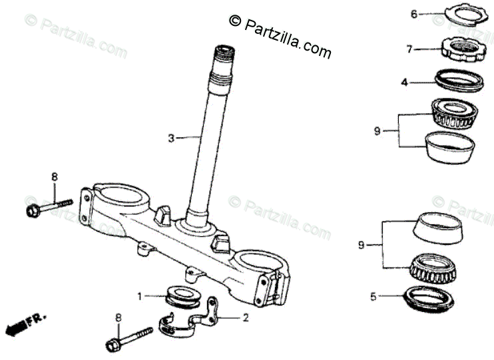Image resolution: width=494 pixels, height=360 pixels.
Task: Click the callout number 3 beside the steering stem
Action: point(170,138)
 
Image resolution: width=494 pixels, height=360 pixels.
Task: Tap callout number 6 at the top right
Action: point(413,14)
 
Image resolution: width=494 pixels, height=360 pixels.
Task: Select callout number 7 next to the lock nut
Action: point(410,49)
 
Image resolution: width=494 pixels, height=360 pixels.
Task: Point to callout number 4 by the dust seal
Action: point(403,83)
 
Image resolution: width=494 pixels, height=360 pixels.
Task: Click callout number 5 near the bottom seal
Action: point(373,296)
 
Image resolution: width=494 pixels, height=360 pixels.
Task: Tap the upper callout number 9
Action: point(377,131)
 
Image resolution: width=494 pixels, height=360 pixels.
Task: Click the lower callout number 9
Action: point(362,246)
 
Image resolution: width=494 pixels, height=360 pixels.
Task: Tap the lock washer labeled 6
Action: point(458,14)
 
